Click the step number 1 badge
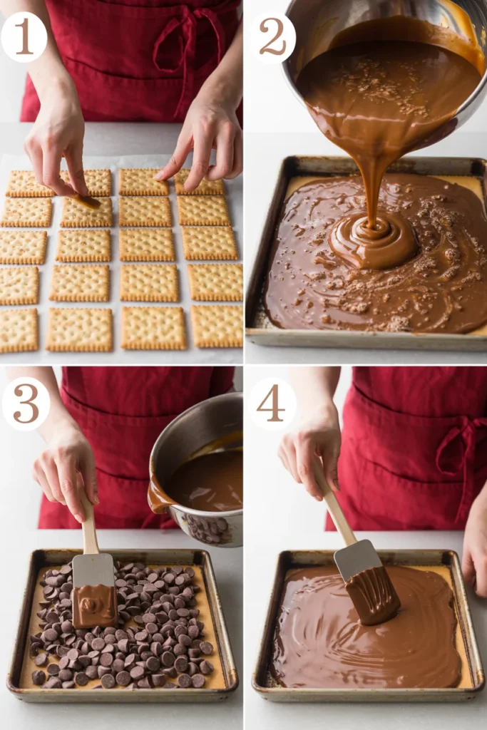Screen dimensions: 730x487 (24, 36)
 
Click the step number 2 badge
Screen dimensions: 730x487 (272, 37)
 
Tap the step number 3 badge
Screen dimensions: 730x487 (26, 403)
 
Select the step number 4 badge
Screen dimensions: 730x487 (272, 403)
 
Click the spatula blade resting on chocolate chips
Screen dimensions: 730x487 (94, 592)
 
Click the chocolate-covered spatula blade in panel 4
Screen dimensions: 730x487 (367, 585)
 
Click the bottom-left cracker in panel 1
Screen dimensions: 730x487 (19, 330)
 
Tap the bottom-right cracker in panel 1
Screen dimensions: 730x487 (217, 326)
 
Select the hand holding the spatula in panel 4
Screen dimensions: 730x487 (310, 449)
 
